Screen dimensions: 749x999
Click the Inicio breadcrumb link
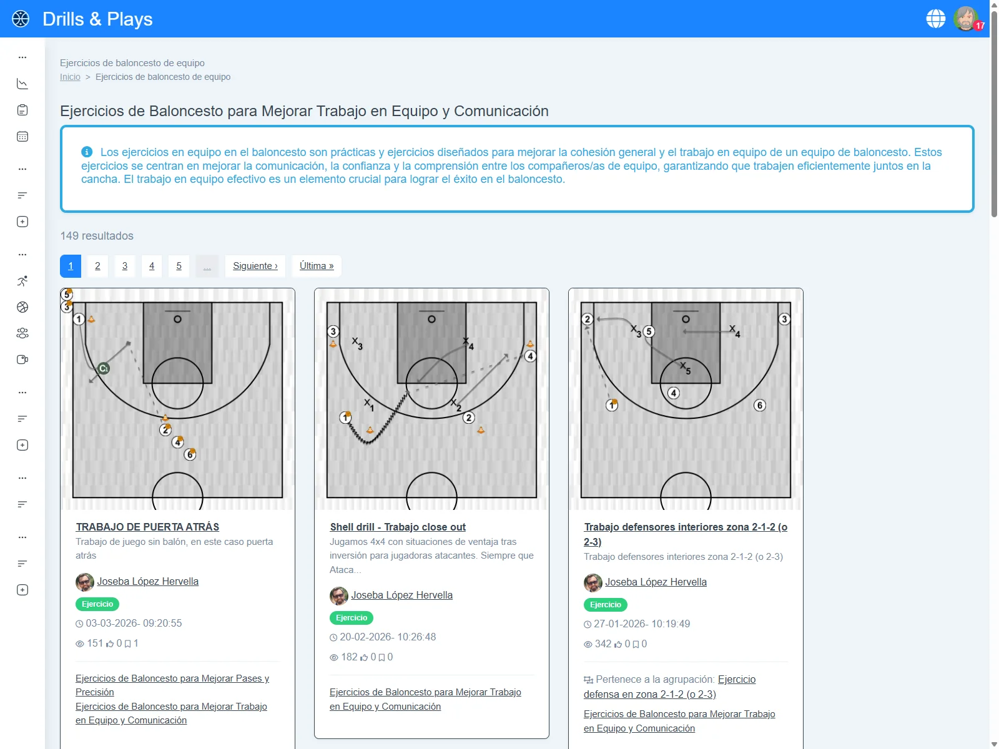click(70, 77)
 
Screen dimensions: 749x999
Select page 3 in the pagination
click(125, 266)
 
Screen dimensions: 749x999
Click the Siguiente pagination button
click(255, 266)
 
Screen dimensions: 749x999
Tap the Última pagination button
click(316, 266)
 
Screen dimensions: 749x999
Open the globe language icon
click(935, 19)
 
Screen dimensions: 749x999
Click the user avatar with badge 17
click(965, 19)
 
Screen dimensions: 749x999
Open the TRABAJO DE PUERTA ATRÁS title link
click(147, 527)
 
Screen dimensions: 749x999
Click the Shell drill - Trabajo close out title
click(398, 527)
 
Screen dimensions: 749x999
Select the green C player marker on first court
click(104, 368)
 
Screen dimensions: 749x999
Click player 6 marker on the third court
click(759, 405)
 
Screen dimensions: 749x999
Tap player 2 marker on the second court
click(469, 418)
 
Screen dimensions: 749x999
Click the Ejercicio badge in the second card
click(352, 618)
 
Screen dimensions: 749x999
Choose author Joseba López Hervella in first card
click(147, 581)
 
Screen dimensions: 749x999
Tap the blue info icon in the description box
click(87, 152)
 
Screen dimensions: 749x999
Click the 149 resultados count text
click(97, 236)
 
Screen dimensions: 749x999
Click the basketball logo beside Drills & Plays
click(21, 19)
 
